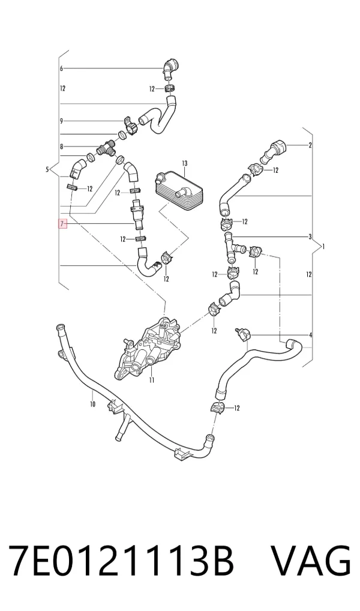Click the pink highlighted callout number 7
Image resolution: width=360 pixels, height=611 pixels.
coord(62,224)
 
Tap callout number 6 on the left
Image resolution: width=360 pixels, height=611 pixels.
coord(61,68)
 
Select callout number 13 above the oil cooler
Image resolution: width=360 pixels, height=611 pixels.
coord(184,162)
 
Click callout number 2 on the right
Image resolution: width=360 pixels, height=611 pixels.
coord(310,146)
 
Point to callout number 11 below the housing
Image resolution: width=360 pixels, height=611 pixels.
coord(152,380)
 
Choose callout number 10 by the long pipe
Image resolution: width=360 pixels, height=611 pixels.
coord(92,404)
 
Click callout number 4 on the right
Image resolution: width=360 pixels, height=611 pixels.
coord(311,335)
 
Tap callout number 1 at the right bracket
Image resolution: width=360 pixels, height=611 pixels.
coord(323,246)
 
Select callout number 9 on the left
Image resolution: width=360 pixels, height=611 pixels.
coord(61,121)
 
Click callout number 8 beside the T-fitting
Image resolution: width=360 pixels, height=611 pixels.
coord(61,146)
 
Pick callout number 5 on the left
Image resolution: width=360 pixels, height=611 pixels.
coord(47,169)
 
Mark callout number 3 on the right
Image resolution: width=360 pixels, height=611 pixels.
coord(310,236)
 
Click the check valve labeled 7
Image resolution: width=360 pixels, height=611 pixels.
coord(137,215)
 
